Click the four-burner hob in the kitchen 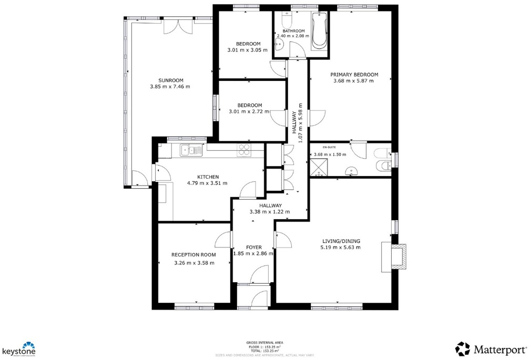(x=244, y=150)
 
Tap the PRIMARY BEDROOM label (x=354, y=75)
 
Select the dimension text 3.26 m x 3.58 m (x=194, y=263)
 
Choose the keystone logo (x=19, y=349)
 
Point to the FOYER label (x=254, y=247)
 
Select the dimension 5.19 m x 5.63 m (x=341, y=248)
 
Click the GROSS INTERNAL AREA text (x=264, y=342)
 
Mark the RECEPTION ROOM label (x=194, y=255)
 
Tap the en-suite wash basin (x=351, y=170)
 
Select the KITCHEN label (x=208, y=177)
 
